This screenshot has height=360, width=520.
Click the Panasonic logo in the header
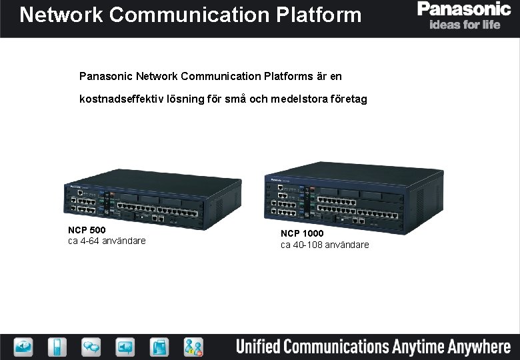[464, 9]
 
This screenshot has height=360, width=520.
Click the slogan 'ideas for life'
[465, 25]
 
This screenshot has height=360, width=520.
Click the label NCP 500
[87, 230]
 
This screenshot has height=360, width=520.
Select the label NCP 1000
[302, 233]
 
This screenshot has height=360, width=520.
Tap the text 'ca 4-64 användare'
[107, 241]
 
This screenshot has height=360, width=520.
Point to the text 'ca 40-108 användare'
[325, 245]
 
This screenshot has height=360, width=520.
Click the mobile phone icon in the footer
[58, 347]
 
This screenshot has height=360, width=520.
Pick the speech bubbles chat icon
[91, 347]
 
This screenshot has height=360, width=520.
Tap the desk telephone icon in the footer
[159, 347]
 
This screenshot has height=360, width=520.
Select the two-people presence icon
[193, 347]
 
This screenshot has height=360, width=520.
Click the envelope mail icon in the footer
[23, 347]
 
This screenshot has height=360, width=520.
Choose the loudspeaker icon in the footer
[125, 347]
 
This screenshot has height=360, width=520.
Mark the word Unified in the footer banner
[257, 347]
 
